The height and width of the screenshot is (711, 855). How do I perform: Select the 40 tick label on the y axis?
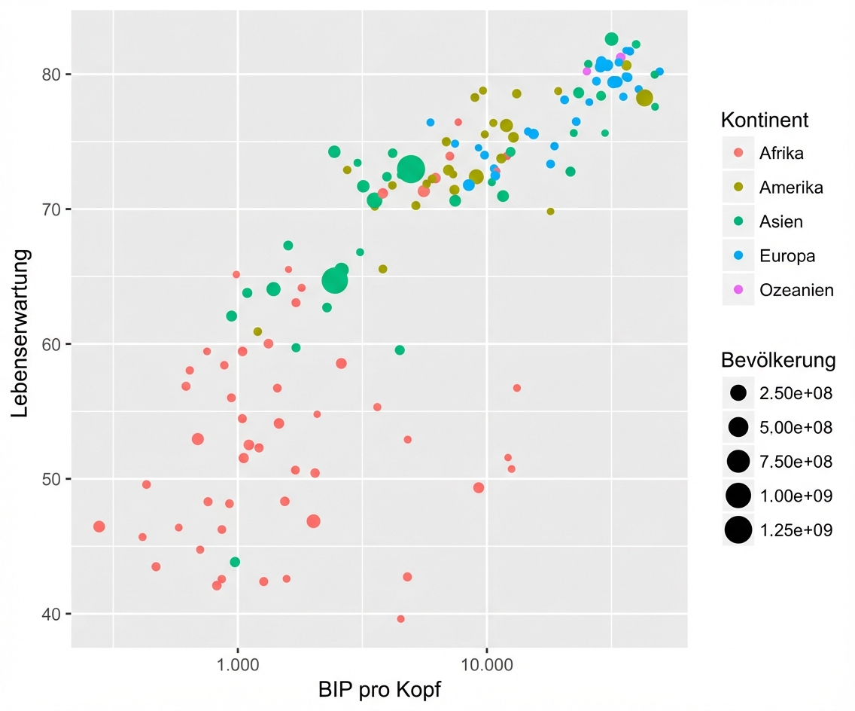tap(51, 614)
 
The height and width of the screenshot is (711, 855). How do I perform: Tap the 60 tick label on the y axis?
tap(51, 344)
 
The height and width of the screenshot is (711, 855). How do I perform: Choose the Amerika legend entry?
tap(791, 188)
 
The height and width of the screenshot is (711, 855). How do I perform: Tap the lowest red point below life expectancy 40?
tap(400, 619)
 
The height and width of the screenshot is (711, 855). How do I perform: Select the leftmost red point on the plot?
tap(99, 526)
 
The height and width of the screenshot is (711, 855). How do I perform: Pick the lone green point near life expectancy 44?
tap(235, 562)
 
